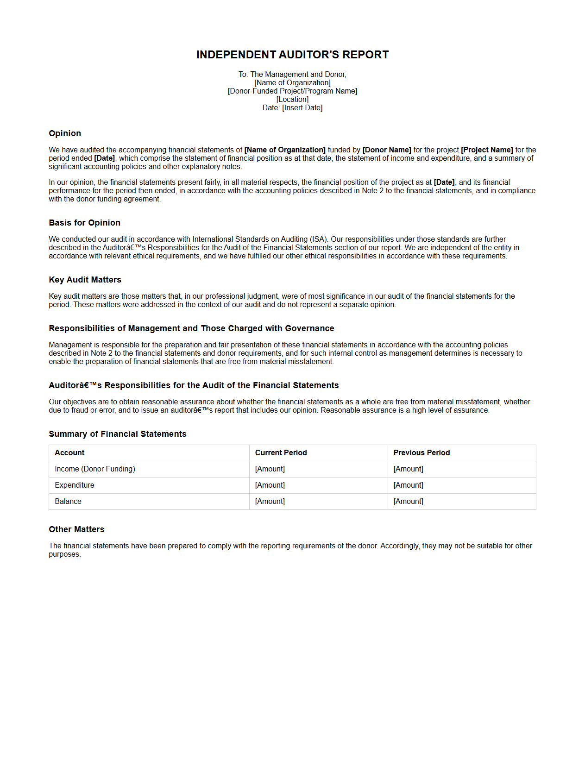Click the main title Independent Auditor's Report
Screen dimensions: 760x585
[x=292, y=55]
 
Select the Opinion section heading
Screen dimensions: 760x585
[x=65, y=133]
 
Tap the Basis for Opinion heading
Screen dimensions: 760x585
[x=84, y=223]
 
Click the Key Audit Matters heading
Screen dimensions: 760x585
[x=85, y=280]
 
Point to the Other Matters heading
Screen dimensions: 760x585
[x=76, y=529]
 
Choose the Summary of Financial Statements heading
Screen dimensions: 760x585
[x=118, y=434]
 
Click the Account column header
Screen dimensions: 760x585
[x=69, y=453]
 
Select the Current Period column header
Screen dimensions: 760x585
[x=281, y=453]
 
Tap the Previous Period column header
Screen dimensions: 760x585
[x=421, y=453]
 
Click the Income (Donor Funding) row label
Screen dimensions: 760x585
[x=95, y=469]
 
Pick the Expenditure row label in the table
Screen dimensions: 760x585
[x=75, y=485]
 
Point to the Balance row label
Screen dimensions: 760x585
[x=68, y=502]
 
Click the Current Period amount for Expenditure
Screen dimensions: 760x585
[x=270, y=485]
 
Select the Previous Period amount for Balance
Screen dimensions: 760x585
[x=409, y=502]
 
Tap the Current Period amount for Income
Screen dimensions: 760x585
[x=270, y=469]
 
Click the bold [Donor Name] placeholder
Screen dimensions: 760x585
[x=387, y=150]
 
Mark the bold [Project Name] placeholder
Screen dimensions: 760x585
[x=487, y=150]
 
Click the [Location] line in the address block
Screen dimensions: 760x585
[x=292, y=100]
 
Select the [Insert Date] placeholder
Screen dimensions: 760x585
[x=302, y=108]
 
